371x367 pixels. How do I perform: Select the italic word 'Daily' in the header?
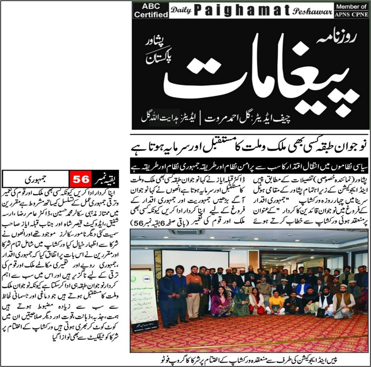181,11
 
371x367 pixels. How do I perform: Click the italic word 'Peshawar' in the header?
312,11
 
